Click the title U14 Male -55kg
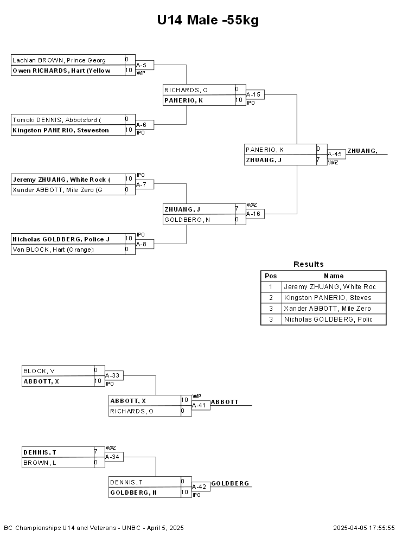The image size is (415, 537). click(x=208, y=20)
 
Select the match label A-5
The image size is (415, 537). click(x=141, y=65)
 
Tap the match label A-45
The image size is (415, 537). click(x=335, y=154)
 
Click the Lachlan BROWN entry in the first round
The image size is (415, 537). click(x=59, y=60)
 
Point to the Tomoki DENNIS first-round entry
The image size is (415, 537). click(x=57, y=120)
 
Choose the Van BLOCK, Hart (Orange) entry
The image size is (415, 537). click(x=53, y=250)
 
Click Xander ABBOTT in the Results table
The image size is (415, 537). click(x=327, y=309)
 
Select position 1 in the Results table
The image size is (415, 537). click(x=271, y=286)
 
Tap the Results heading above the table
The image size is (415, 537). click(x=309, y=264)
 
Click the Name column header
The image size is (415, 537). click(x=334, y=276)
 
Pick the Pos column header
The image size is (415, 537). click(x=271, y=276)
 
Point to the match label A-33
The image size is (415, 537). click(x=112, y=375)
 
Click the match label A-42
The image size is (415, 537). click(x=199, y=487)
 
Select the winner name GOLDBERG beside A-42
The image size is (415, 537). click(x=230, y=483)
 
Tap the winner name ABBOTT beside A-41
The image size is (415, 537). click(x=225, y=402)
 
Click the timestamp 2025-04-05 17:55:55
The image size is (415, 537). click(x=364, y=528)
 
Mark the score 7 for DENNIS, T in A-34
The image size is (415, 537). click(x=96, y=452)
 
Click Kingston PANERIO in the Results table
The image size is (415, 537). click(x=328, y=298)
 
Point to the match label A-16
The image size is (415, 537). click(x=253, y=214)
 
